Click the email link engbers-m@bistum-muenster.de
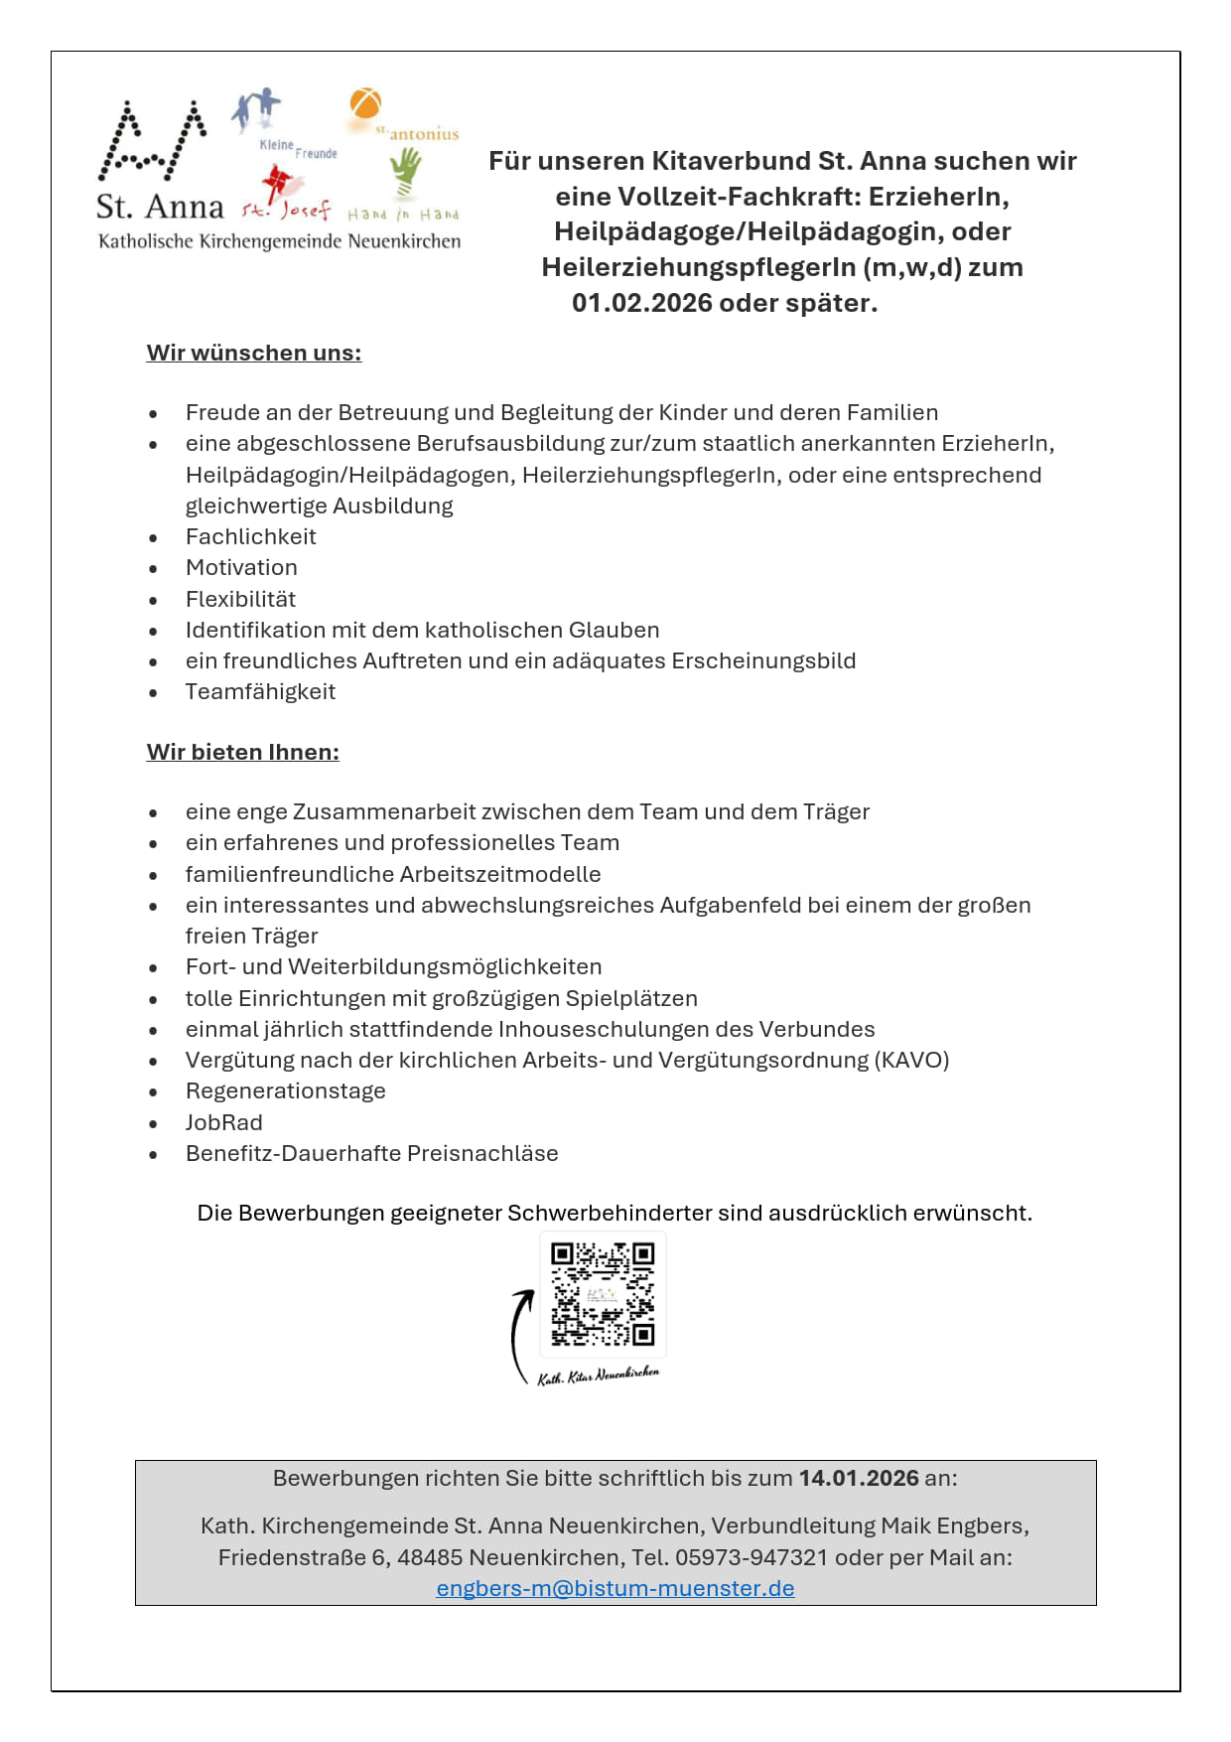coord(615,1588)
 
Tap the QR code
coord(603,1294)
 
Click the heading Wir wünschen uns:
coord(254,353)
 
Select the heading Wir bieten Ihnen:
coord(243,752)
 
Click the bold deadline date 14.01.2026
coord(859,1478)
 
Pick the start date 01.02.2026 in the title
coord(641,303)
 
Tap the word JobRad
coord(224,1122)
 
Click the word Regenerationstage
coord(286,1090)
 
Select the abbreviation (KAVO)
coord(911,1060)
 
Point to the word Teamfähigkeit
coord(261,691)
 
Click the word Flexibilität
coord(241,599)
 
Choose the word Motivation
coord(242,567)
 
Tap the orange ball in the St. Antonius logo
coord(365,103)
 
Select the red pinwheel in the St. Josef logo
coord(274,185)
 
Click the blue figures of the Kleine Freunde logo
coord(256,109)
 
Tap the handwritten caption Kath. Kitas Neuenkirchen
coord(599,1376)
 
